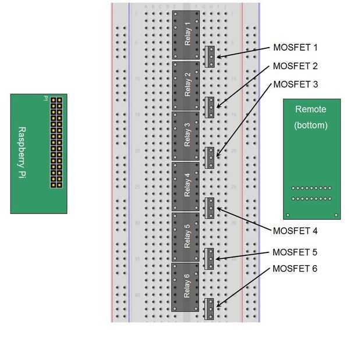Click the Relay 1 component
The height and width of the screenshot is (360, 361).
tap(186, 35)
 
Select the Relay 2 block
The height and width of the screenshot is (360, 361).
tap(186, 85)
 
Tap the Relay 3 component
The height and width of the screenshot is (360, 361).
tap(186, 136)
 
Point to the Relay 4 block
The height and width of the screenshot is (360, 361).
tap(186, 186)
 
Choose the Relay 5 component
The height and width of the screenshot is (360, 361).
tap(186, 237)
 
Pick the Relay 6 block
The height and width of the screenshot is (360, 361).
tap(186, 287)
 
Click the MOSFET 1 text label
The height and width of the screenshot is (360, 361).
tap(295, 48)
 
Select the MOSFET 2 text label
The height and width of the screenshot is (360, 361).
tap(295, 66)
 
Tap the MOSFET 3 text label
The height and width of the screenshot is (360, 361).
tap(295, 84)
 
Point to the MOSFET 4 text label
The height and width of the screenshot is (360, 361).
tap(295, 231)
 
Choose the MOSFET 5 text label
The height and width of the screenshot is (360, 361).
tap(295, 252)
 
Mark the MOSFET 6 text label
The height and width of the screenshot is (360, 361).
tap(295, 269)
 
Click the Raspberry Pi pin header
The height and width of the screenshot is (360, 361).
tap(56, 142)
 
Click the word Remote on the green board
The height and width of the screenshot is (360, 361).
tap(311, 109)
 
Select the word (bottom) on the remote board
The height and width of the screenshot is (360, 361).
tap(311, 124)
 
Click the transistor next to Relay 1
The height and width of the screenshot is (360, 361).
tap(210, 56)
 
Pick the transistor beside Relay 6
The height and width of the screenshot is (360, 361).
tap(210, 308)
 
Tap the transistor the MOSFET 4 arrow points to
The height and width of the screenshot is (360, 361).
tap(210, 208)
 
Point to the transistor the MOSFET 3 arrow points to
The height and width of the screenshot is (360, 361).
tap(210, 157)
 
